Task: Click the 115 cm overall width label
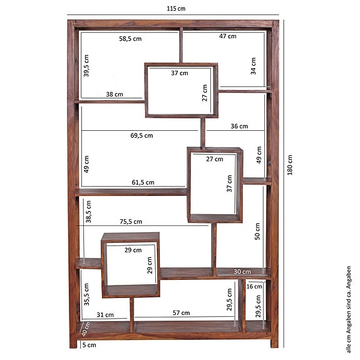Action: (x=176, y=9)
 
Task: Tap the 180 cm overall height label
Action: (x=289, y=165)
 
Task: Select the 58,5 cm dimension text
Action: (x=130, y=38)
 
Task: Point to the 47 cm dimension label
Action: (x=227, y=36)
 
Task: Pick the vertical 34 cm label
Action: (x=253, y=65)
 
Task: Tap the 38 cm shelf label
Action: (x=115, y=95)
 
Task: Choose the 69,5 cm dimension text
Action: (x=141, y=135)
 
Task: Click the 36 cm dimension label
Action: (x=239, y=126)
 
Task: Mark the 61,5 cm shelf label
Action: (x=143, y=182)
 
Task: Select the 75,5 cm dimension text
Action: (x=131, y=222)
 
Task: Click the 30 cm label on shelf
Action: (x=242, y=272)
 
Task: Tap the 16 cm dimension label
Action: (x=254, y=287)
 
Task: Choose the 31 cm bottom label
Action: (x=105, y=315)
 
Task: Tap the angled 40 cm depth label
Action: (x=86, y=329)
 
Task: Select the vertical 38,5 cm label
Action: (x=89, y=212)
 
